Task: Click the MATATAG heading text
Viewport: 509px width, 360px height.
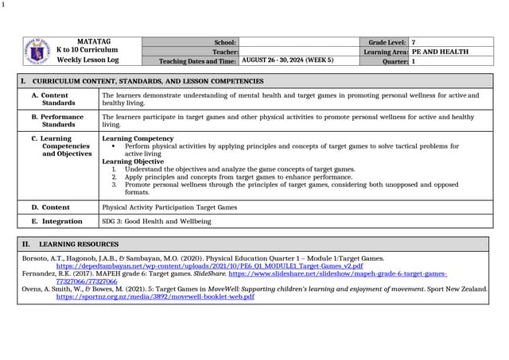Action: [94, 41]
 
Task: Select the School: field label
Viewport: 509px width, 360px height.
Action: [225, 42]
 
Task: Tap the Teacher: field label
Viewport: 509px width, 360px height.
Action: [223, 52]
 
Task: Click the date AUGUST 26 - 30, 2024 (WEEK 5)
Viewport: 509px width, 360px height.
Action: [287, 60]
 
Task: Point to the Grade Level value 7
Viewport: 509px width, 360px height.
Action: [414, 42]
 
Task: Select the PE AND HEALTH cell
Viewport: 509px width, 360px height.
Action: [440, 52]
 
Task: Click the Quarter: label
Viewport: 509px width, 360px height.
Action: [394, 60]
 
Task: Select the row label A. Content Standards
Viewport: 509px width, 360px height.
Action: [60, 99]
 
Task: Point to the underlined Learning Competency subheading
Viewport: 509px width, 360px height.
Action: [133, 138]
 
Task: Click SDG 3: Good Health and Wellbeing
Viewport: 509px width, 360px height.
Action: [146, 221]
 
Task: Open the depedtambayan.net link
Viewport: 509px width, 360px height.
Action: [209, 265]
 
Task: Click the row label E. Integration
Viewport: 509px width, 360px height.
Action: [57, 221]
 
